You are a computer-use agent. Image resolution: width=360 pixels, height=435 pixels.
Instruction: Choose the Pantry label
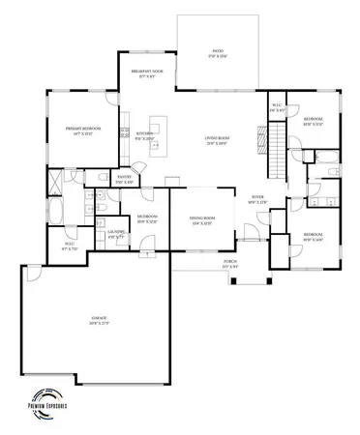point(125,179)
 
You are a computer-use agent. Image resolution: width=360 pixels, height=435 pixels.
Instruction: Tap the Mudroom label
point(147,217)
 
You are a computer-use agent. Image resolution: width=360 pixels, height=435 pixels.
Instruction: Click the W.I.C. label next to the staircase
point(276,107)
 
